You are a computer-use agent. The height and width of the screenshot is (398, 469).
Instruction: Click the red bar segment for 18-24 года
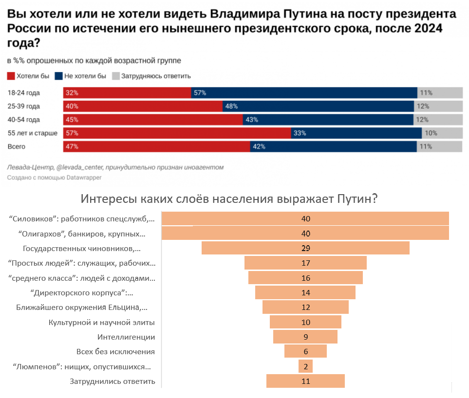pos(127,93)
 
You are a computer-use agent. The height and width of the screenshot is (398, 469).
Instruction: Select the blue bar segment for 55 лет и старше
pos(356,133)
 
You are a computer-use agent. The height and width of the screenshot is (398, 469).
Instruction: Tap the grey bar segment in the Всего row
pos(439,146)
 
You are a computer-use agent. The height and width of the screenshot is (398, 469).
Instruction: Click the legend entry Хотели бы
pos(29,76)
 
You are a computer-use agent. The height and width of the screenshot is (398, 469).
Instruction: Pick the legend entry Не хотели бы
pos(80,76)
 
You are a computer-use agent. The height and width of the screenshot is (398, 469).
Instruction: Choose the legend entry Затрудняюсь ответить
pos(151,76)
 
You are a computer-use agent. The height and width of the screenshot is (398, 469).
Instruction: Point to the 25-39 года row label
pos(24,107)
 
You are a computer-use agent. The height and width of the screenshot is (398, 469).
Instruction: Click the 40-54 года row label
pos(24,120)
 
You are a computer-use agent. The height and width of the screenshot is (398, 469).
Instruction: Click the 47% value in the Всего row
pos(72,146)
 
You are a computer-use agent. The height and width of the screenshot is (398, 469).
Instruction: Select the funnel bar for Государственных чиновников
pos(305,248)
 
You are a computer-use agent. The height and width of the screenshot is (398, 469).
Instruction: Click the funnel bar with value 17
pos(305,263)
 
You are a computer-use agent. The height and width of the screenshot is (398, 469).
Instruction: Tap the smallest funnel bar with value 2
pos(305,366)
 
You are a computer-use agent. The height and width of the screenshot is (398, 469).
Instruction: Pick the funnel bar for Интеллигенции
pos(305,337)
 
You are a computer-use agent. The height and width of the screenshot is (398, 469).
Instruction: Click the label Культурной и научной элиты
pos(102,322)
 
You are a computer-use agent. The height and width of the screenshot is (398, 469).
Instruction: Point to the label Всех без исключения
pos(115,351)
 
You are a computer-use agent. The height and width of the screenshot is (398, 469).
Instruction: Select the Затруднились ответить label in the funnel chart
pos(113,381)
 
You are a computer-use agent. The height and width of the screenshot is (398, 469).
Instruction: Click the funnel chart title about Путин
pos(230,199)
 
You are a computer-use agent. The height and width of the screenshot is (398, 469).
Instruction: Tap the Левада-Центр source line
pos(115,167)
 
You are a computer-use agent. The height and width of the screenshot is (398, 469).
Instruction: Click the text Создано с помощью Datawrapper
pos(54,178)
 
